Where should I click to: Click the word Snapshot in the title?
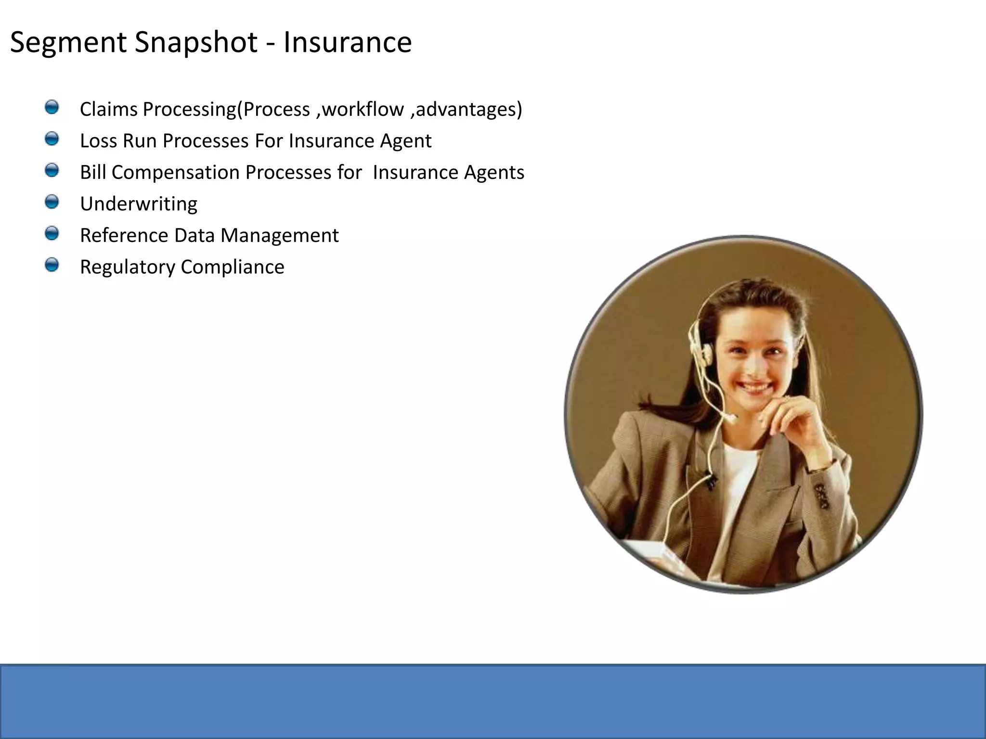[196, 42]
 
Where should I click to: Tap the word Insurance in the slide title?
[347, 42]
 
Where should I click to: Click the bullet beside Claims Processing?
[52, 107]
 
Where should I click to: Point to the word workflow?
[363, 109]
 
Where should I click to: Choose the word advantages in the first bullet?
[466, 109]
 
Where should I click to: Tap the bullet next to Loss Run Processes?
[52, 139]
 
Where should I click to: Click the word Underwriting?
[139, 204]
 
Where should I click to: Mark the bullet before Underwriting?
[52, 202]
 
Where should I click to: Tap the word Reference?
[124, 235]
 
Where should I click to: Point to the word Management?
[279, 235]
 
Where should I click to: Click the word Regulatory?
[127, 267]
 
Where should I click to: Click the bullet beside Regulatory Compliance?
[52, 265]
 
